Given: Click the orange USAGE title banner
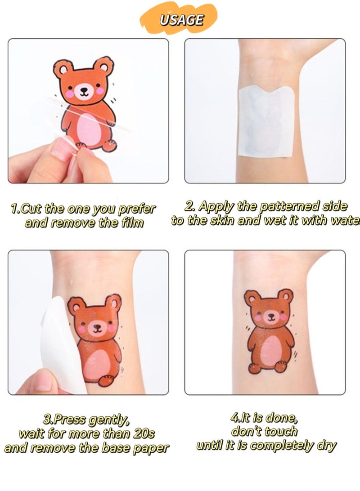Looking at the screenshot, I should (180, 20).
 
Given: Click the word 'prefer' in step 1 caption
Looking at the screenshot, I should (138, 209).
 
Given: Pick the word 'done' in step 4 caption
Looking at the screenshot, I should (283, 418).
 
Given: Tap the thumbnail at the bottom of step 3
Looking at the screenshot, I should (44, 383).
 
